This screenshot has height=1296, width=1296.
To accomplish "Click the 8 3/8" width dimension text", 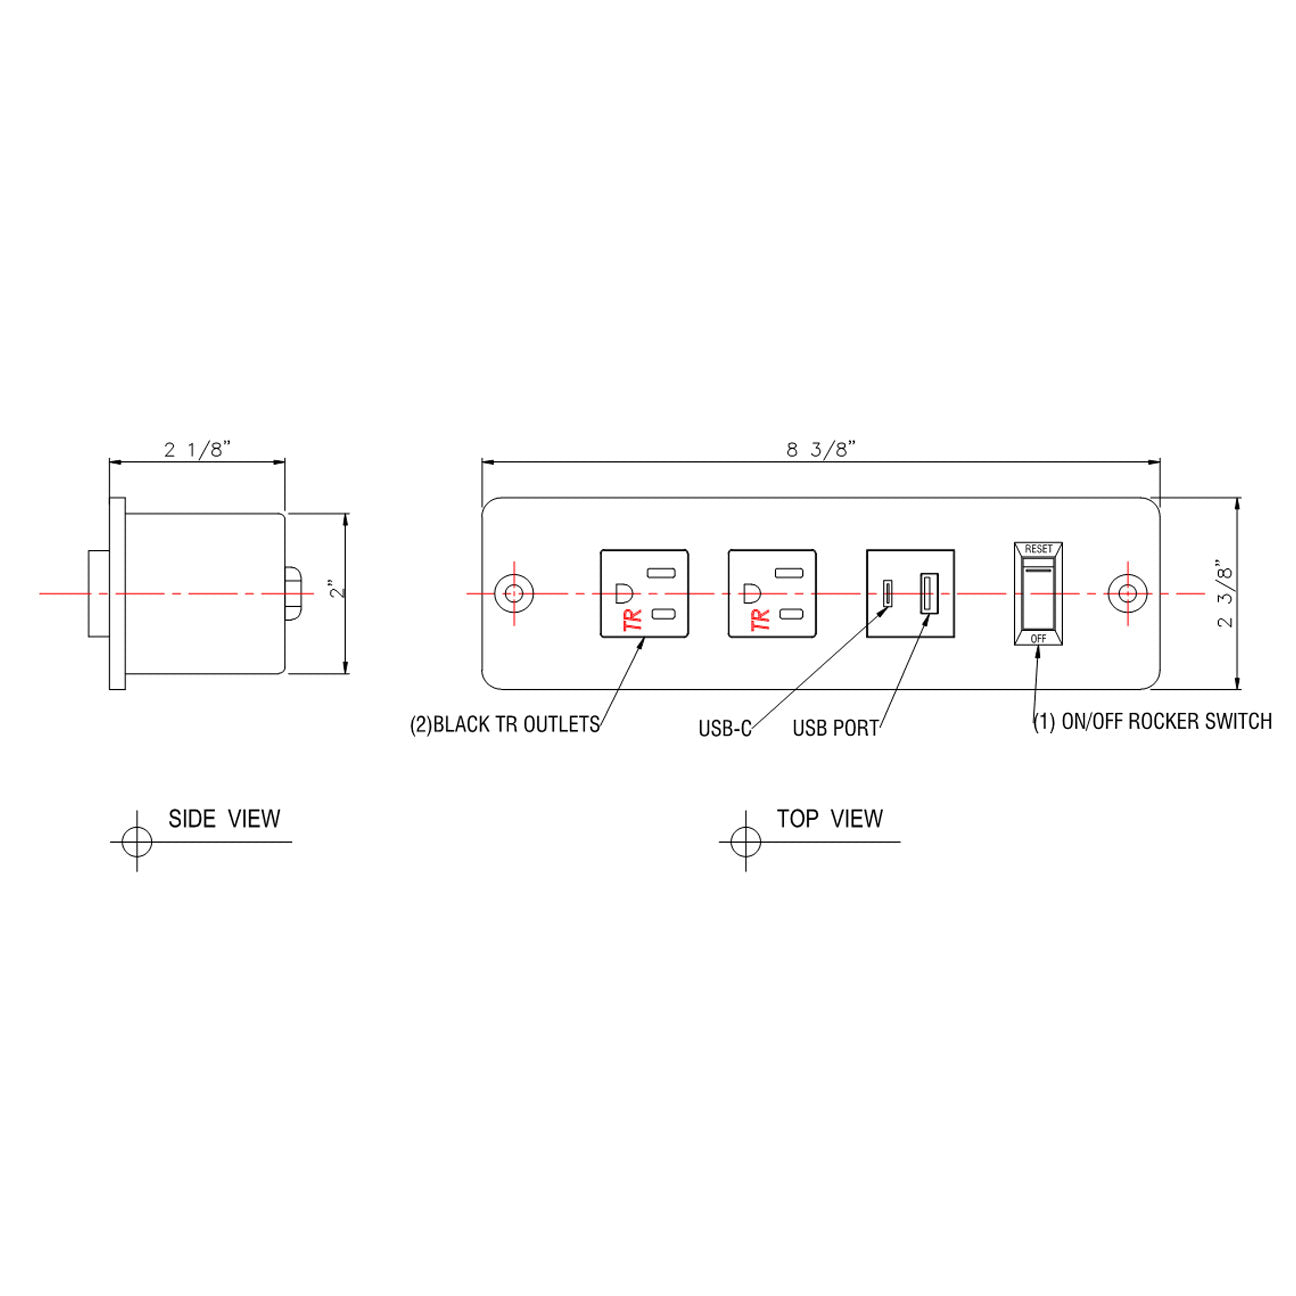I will (x=820, y=449).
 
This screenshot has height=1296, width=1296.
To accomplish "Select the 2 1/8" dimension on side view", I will (x=197, y=449).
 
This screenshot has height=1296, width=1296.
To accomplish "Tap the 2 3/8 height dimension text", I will (x=1226, y=593).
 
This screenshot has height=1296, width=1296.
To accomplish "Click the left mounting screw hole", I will (x=514, y=593).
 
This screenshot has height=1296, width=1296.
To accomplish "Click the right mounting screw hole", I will (x=1127, y=593).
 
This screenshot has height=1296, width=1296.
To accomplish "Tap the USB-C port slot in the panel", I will (x=886, y=593).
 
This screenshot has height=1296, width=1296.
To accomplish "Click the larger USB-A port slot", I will (x=928, y=593).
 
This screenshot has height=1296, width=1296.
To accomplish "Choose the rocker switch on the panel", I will (x=1038, y=594).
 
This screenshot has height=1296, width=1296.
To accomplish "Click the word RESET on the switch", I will (x=1038, y=549).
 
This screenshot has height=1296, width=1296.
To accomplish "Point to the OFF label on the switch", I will (x=1038, y=638).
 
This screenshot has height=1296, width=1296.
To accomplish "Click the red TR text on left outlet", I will (x=632, y=620).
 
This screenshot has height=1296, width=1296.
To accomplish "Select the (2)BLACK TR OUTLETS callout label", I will (x=505, y=725).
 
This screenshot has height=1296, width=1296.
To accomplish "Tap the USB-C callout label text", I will (x=724, y=729).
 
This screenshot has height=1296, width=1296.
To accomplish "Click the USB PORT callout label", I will (x=835, y=729).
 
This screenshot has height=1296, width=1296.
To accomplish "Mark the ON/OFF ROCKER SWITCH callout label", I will (x=1152, y=722).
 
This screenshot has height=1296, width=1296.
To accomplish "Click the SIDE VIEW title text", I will (x=224, y=819).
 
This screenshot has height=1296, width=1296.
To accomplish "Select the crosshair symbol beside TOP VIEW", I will (x=745, y=841).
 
